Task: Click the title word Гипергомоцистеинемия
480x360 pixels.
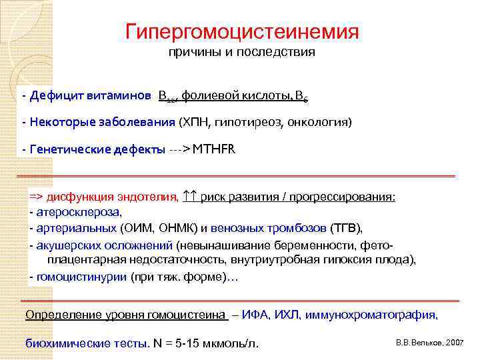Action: pyautogui.click(x=242, y=31)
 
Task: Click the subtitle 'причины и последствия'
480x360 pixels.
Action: pyautogui.click(x=242, y=51)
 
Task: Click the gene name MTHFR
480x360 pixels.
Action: pyautogui.click(x=214, y=149)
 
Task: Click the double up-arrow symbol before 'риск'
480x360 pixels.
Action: pyautogui.click(x=190, y=197)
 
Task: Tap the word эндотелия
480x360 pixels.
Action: pyautogui.click(x=151, y=197)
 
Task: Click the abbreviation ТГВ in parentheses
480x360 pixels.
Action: pyautogui.click(x=344, y=229)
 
